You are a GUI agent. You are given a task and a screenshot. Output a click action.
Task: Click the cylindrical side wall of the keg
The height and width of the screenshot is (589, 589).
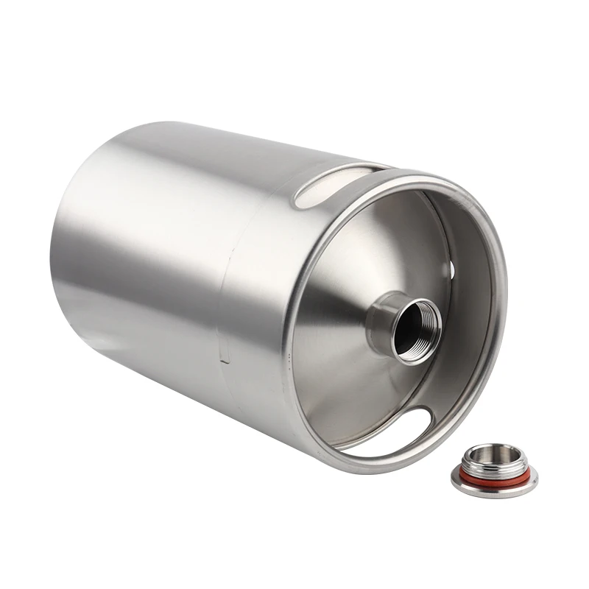(x=162, y=258)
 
